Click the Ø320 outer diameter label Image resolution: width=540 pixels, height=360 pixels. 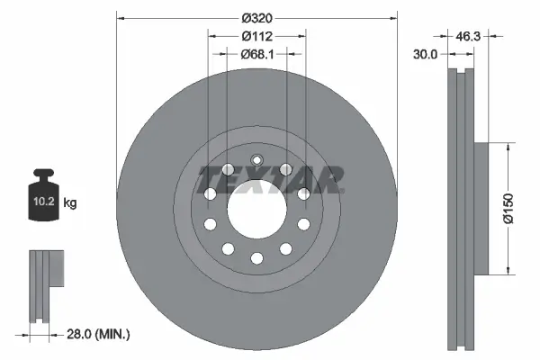coord(256,17)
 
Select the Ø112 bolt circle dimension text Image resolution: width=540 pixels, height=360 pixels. coord(256,37)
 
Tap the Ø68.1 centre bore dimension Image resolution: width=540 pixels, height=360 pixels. coord(256,55)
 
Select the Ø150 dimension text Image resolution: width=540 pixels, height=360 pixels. coord(508,207)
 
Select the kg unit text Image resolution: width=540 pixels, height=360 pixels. coord(69,203)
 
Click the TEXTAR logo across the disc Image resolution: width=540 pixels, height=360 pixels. coord(270,179)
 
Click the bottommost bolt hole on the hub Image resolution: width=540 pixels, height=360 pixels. coord(256,258)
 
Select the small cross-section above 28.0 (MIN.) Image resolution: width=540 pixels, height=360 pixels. coord(45,283)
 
